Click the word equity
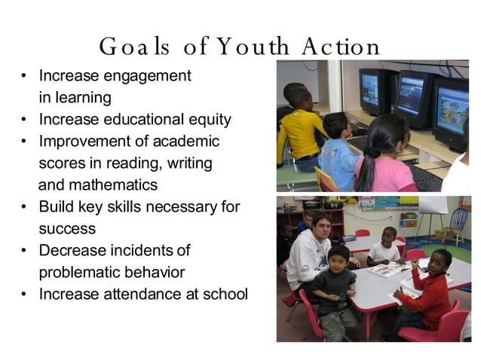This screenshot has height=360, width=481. (x=208, y=120)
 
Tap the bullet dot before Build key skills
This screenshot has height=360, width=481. (x=24, y=207)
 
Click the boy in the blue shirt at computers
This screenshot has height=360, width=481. (x=339, y=154)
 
